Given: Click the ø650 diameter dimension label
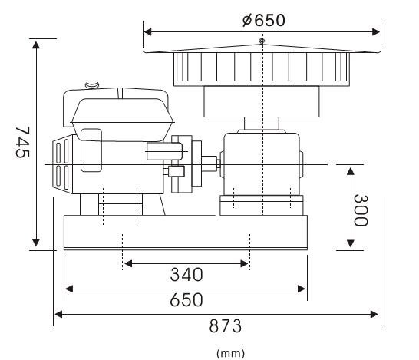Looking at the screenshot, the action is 264,20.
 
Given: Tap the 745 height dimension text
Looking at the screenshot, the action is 22,142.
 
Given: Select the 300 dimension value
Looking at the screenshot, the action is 361,210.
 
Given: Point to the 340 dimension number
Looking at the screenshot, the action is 186,275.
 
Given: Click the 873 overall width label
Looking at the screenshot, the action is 226,326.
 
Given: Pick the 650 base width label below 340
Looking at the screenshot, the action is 186,300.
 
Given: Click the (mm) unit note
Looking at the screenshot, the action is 230,353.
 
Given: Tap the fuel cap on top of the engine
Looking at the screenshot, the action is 92,85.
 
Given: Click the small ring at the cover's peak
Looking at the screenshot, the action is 262,41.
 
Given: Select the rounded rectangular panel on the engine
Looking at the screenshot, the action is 91,150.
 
